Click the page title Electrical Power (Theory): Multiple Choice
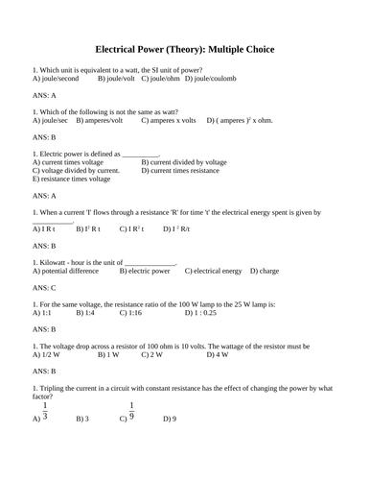(x=184, y=48)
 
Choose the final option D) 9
(x=170, y=420)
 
